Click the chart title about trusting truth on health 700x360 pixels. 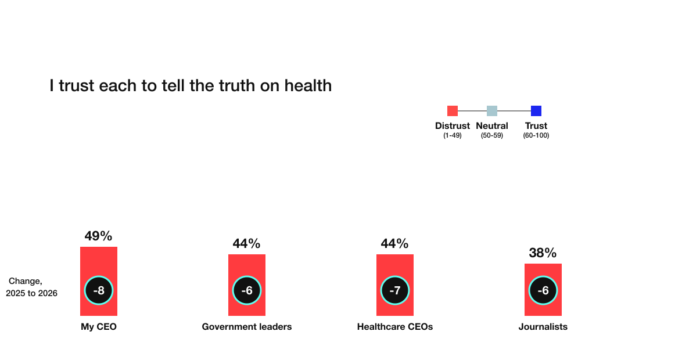coord(191,86)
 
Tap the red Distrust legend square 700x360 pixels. coord(453,111)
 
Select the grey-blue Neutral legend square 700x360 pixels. coord(492,111)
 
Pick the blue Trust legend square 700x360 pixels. coord(536,111)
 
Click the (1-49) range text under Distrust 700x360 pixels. coord(453,135)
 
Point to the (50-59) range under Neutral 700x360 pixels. coord(492,135)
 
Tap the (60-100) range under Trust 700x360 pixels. coord(536,135)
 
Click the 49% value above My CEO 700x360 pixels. coord(98,236)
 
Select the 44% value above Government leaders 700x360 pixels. coord(246,244)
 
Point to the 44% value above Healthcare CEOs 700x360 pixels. coord(394,244)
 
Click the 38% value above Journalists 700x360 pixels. coord(543,253)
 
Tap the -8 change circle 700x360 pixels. coord(99,290)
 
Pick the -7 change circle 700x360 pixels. coord(395,290)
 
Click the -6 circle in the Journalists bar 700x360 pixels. coord(543,290)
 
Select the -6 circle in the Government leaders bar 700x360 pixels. coord(247,290)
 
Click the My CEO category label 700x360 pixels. coord(99,327)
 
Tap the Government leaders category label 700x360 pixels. coord(247,327)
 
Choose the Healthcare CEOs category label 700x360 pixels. coord(395,327)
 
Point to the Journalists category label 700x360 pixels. coord(543,327)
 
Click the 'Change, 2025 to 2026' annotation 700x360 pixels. coord(31,287)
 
